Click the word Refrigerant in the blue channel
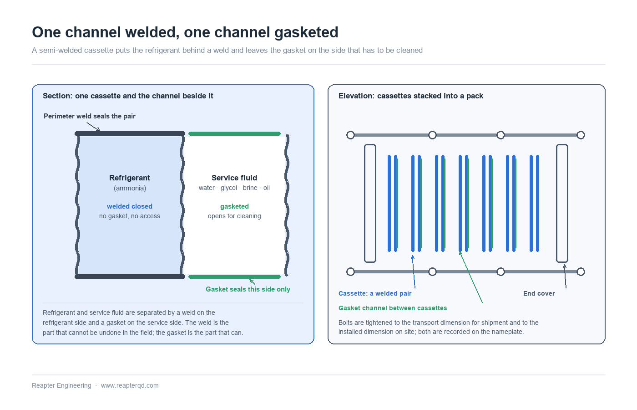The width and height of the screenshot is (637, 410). tap(129, 178)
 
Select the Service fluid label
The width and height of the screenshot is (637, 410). tap(234, 178)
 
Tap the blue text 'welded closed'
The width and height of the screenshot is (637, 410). tap(129, 206)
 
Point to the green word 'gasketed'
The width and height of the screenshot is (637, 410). tap(234, 206)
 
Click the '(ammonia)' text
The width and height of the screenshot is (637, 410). tap(130, 188)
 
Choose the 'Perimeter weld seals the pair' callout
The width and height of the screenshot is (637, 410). tap(89, 116)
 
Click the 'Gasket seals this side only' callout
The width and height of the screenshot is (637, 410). tap(248, 289)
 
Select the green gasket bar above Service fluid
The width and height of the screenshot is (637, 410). tap(234, 133)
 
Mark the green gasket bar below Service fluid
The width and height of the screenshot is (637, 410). tap(234, 277)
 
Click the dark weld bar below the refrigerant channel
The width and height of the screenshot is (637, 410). tap(130, 277)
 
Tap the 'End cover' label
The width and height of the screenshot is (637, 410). tap(539, 293)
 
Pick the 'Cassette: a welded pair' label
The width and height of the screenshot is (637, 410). tap(375, 293)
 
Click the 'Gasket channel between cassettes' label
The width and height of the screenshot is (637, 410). tap(392, 308)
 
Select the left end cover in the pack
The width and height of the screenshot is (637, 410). tap(370, 203)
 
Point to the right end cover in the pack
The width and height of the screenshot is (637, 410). tap(562, 203)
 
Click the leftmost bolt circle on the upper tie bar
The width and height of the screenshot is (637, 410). tap(350, 135)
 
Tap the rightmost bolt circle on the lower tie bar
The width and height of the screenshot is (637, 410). tap(581, 272)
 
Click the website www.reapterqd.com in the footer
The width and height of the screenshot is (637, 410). tap(130, 385)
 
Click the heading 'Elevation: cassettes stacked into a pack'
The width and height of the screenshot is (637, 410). tap(410, 96)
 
